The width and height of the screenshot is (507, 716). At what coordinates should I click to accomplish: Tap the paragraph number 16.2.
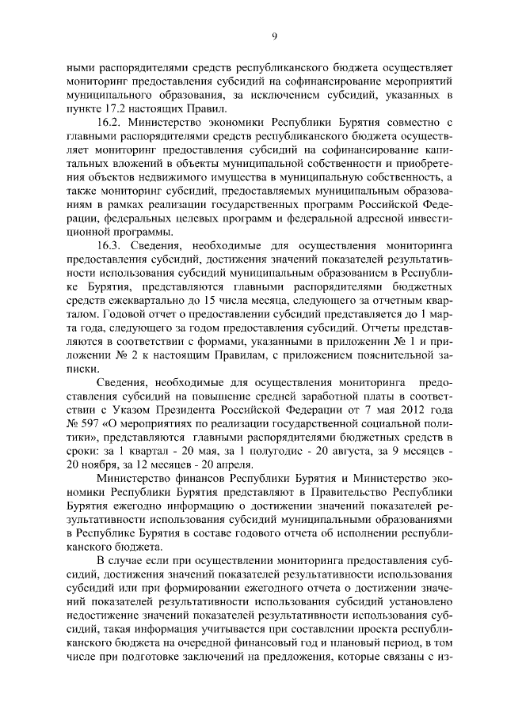click(110, 124)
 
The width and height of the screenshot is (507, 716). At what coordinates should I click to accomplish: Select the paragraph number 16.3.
click(110, 246)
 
